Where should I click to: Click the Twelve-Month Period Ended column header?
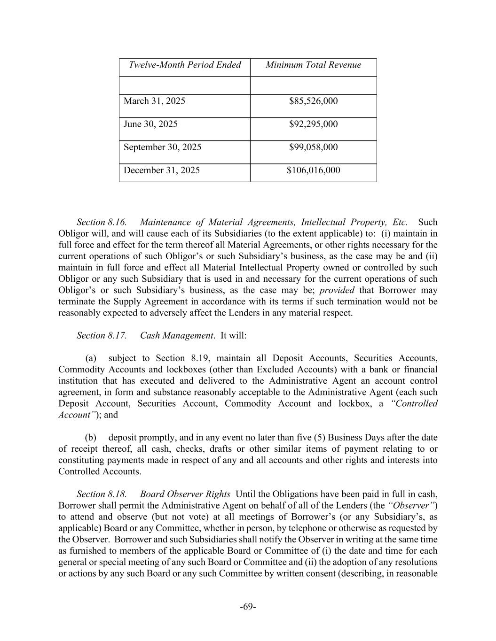tap(185, 65)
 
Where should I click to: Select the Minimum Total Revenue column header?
tap(313, 65)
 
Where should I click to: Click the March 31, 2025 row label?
tap(154, 101)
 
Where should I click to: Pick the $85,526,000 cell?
tap(313, 101)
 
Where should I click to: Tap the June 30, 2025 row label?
tap(150, 124)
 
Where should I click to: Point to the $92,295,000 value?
tap(313, 124)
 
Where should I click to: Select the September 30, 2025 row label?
tap(162, 147)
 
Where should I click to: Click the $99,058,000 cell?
tap(313, 147)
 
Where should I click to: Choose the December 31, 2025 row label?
tap(161, 170)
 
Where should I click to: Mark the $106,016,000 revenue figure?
tap(313, 170)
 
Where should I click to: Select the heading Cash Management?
tap(177, 335)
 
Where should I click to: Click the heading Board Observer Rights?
tap(185, 494)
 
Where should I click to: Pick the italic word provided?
tap(337, 290)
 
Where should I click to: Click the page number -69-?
tap(248, 607)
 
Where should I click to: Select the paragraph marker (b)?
tap(90, 438)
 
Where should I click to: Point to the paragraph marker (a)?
tap(90, 358)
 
